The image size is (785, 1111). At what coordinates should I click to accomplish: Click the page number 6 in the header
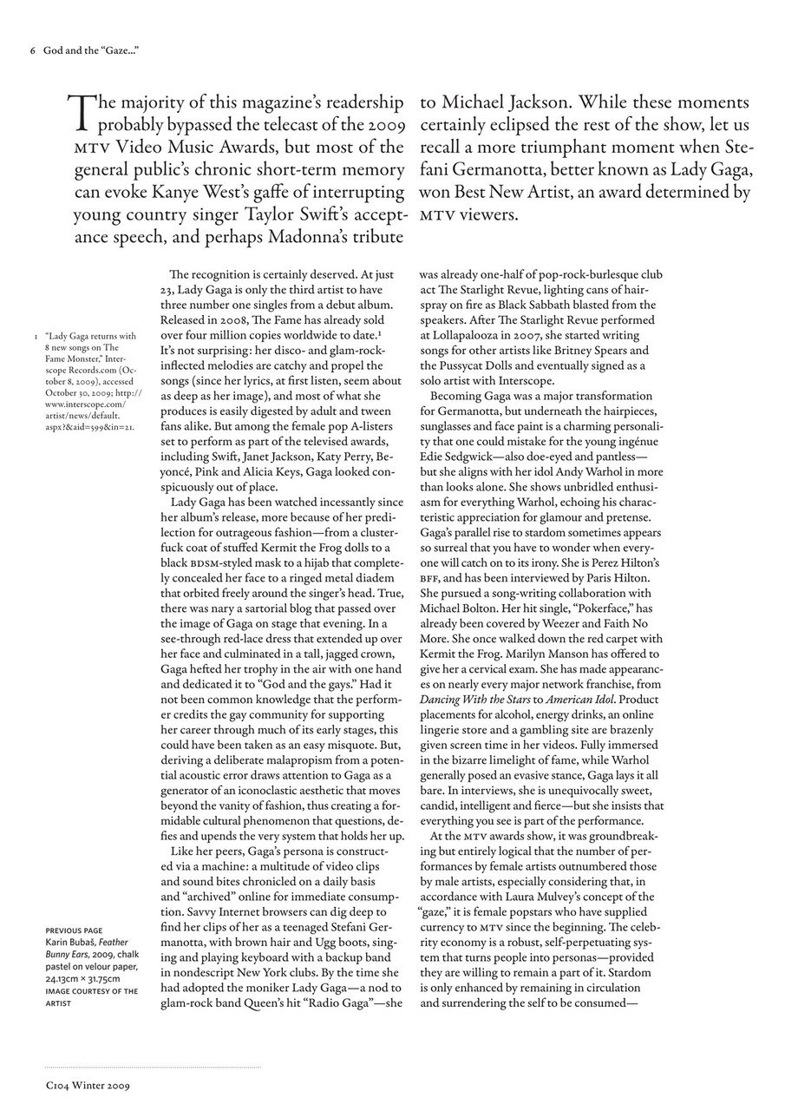click(x=32, y=51)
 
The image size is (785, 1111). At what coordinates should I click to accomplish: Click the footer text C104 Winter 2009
click(x=87, y=1084)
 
